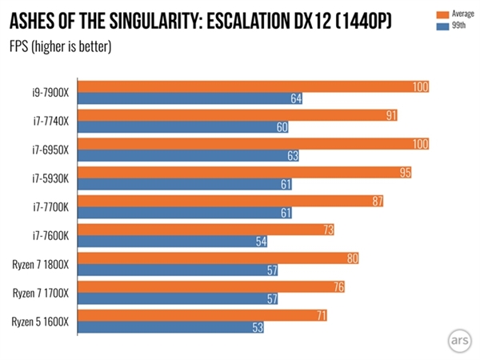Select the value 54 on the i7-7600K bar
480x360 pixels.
point(258,241)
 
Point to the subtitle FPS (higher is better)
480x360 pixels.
point(60,45)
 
